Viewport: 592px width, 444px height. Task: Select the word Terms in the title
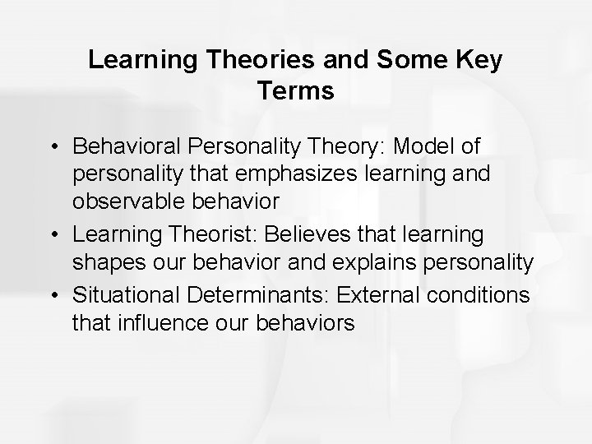tap(295, 90)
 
